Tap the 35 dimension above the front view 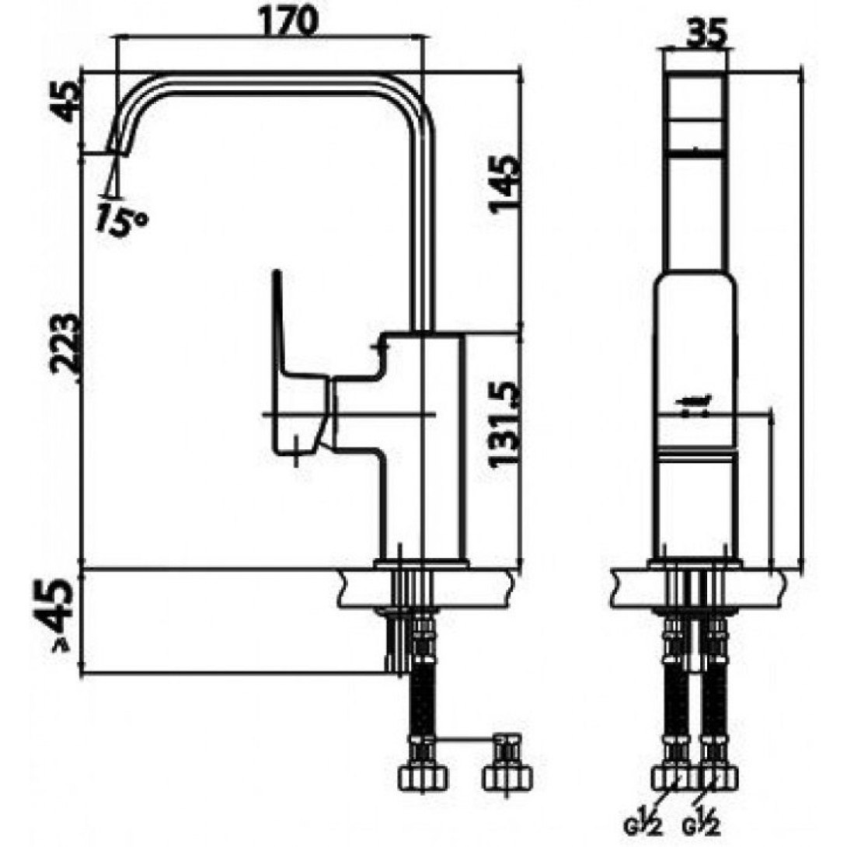point(708,33)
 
